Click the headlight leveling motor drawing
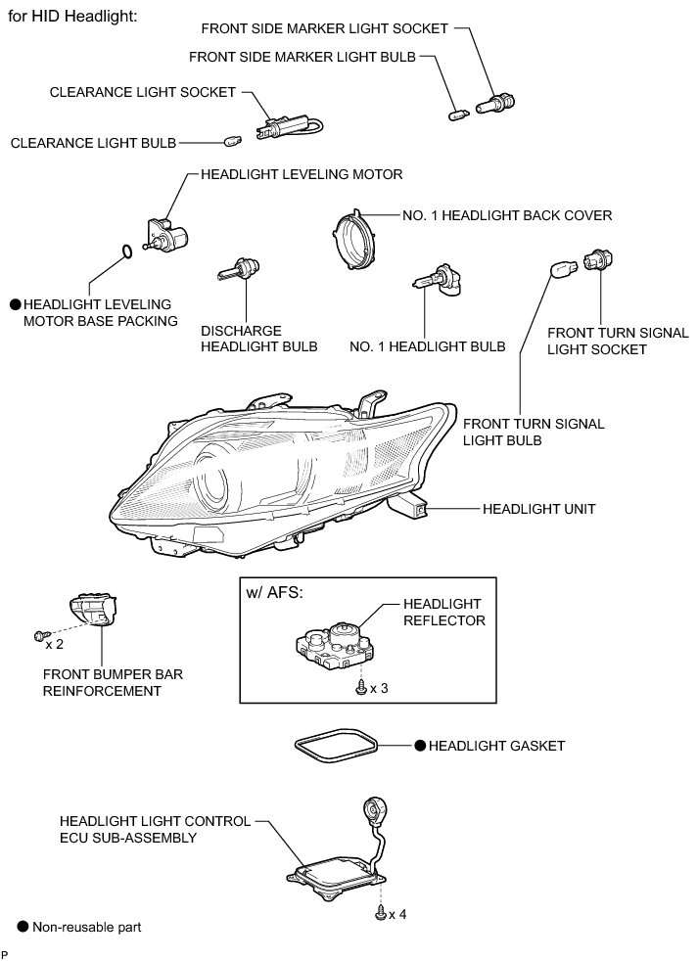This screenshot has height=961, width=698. coord(164,235)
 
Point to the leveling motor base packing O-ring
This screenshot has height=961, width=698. coord(122,253)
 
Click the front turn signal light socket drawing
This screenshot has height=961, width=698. coord(595,261)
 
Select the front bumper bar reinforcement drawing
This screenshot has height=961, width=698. coord(93,615)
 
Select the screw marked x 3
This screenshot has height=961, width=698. coord(361,688)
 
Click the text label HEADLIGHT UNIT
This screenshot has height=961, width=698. coord(538,509)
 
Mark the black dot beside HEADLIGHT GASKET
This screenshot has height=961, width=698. coord(418,746)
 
